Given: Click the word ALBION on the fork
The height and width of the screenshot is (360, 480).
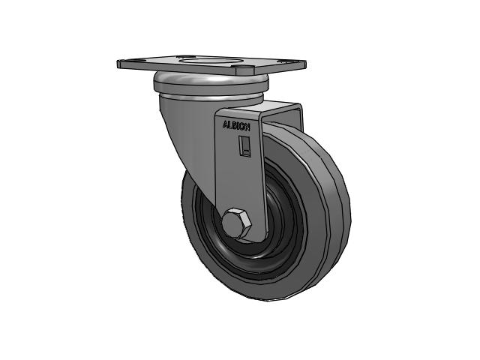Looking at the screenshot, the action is [236, 125].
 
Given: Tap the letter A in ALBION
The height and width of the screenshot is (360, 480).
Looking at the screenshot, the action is [225, 124].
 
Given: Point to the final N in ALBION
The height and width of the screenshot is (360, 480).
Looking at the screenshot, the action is [247, 127].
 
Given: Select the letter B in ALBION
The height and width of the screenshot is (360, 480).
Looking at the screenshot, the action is [234, 125].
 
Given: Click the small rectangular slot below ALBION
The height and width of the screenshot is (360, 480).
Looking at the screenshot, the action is [244, 146].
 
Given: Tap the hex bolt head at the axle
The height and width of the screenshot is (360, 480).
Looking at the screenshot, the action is [236, 222].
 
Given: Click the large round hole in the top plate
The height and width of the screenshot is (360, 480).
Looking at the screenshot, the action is [207, 61].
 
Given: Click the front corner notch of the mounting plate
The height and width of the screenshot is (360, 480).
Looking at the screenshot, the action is [244, 69].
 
